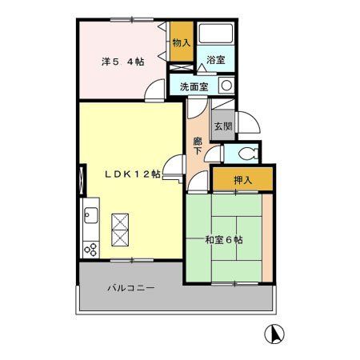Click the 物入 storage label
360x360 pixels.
pos(182,42)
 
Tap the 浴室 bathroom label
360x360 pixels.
pos(216,60)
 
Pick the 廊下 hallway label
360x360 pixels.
pos(198,147)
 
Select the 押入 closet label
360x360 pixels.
pos(242,180)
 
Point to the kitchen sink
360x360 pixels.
pos(90,217)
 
